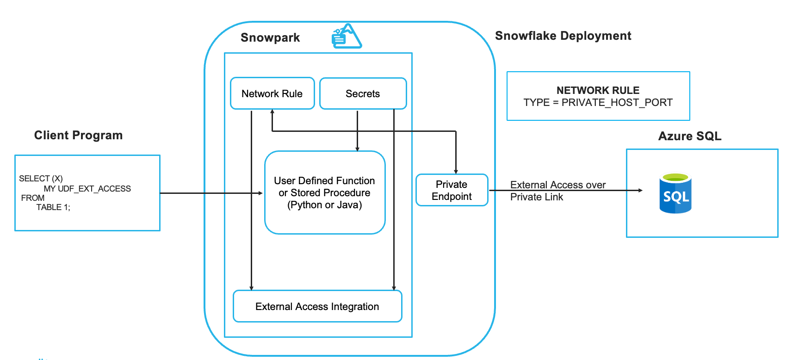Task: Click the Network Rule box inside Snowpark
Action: (x=272, y=93)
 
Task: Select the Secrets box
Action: (x=363, y=93)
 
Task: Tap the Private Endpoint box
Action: (x=452, y=190)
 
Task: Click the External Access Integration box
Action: (x=317, y=306)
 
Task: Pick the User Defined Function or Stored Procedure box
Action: (x=324, y=192)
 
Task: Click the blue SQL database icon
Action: (x=675, y=193)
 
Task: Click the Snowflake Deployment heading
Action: (x=563, y=36)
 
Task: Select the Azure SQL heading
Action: (x=689, y=136)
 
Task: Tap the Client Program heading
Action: (x=78, y=135)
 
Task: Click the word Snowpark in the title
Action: (x=270, y=37)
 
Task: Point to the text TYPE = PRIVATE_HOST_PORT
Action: (x=598, y=103)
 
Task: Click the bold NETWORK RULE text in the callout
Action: (x=598, y=90)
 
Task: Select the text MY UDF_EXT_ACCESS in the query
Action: (x=87, y=189)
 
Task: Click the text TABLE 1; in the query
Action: (x=53, y=207)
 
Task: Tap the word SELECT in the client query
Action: (x=34, y=179)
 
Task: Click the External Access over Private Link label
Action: (x=557, y=191)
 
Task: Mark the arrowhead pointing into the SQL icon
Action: (x=640, y=190)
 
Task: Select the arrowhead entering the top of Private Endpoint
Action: (x=456, y=172)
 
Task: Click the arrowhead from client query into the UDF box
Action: (x=260, y=193)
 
